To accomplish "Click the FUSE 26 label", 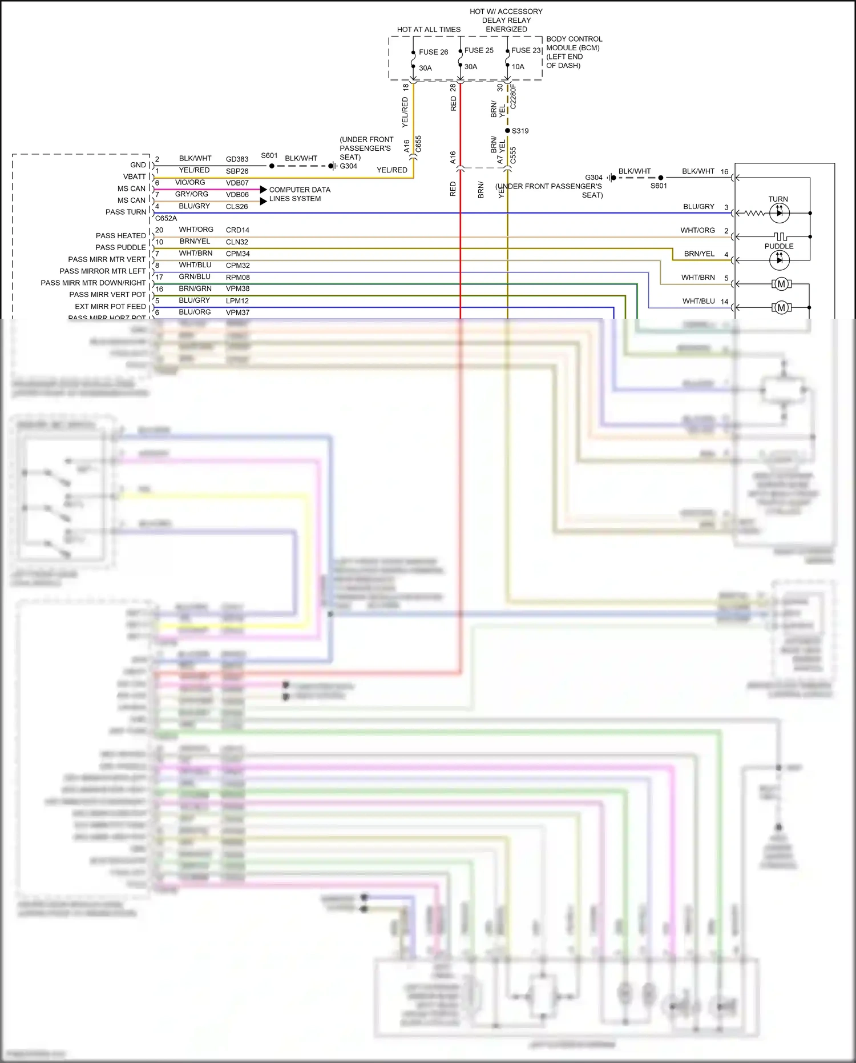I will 433,52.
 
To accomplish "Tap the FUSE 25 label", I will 478,50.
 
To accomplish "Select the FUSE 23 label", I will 526,50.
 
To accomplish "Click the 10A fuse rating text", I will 518,67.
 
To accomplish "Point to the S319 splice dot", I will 507,131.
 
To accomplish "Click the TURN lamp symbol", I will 779,213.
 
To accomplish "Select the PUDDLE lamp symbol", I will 779,260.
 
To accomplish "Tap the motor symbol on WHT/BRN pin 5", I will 781,284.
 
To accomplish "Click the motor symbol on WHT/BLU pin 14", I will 781,308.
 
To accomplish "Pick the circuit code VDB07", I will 237,183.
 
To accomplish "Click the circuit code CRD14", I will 237,230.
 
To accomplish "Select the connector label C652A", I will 166,218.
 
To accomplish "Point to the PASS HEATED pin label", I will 120,235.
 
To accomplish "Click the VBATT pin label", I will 135,177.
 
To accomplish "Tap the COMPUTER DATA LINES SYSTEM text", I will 299,194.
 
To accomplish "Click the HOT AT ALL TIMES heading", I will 429,30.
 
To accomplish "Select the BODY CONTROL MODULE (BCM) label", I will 574,43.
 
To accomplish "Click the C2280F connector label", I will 513,97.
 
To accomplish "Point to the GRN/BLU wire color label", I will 194,276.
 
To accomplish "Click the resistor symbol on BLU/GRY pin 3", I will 754,213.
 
